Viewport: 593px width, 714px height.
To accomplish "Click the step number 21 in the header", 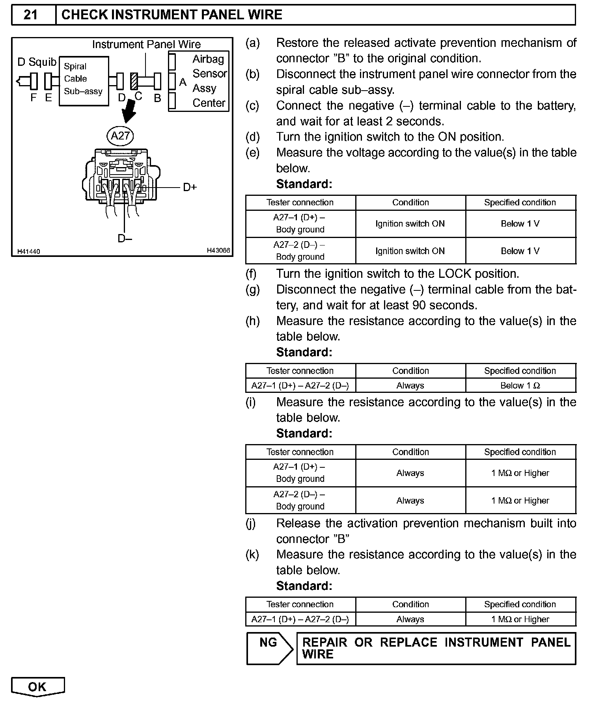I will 31,15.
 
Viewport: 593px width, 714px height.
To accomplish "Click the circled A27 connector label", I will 120,136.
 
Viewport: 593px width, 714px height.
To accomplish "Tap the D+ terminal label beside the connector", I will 190,188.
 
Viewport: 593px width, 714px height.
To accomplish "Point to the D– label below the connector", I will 125,238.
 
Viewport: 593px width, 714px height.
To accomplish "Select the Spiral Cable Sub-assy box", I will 84,81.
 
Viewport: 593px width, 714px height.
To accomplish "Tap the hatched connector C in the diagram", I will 134,81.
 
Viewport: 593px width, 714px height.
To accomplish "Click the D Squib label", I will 37,62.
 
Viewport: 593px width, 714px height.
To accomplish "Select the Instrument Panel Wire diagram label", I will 146,44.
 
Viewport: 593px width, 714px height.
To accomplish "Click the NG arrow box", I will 269,648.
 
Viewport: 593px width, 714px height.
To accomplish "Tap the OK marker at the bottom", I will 37,687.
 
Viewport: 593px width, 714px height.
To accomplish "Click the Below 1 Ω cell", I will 520,386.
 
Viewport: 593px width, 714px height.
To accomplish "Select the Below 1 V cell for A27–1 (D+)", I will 520,224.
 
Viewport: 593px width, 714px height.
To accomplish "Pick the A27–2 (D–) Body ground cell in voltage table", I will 300,251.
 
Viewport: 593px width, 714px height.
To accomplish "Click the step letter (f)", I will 251,274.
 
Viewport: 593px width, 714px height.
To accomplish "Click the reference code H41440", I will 28,251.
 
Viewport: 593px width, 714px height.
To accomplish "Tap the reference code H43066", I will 218,251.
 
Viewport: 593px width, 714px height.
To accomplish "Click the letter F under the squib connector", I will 34,98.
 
